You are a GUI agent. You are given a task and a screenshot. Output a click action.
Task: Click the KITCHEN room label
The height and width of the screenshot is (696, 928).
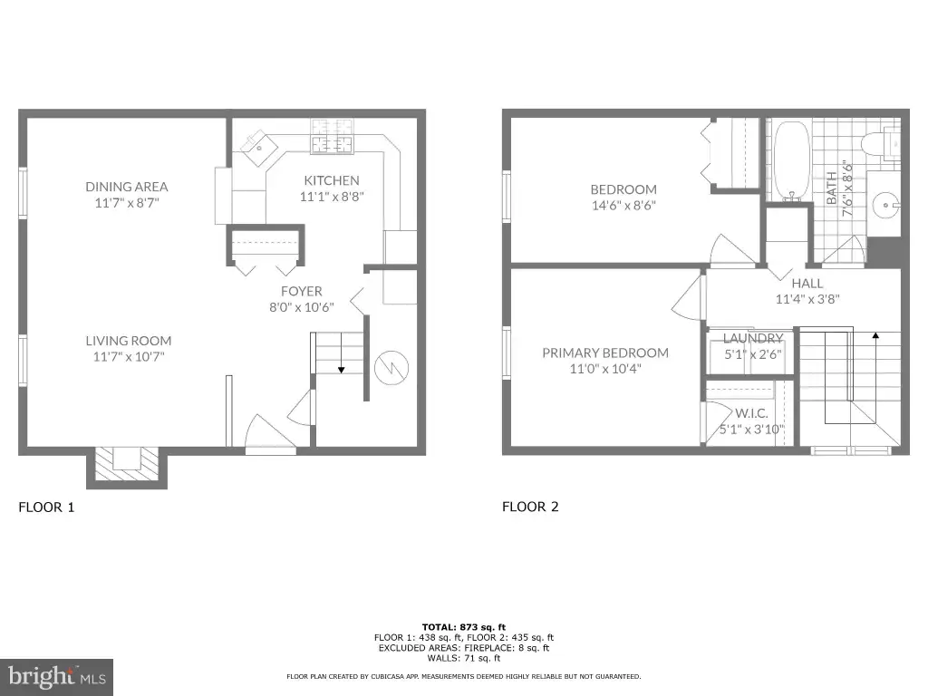click(x=332, y=180)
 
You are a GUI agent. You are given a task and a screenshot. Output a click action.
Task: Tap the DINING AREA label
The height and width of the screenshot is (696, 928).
click(x=127, y=187)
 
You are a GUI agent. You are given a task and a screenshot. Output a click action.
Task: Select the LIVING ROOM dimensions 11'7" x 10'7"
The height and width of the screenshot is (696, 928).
click(x=129, y=356)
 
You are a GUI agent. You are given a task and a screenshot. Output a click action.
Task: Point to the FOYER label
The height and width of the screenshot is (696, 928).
click(x=301, y=291)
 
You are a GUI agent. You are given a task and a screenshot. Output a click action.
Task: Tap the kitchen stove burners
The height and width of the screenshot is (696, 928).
click(x=332, y=136)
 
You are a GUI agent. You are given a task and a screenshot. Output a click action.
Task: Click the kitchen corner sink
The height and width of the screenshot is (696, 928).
click(x=258, y=148)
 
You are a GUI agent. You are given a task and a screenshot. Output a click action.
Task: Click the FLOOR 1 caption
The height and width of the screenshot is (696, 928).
click(x=47, y=507)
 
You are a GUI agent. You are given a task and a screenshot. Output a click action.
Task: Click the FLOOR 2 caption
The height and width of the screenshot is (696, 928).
click(x=530, y=507)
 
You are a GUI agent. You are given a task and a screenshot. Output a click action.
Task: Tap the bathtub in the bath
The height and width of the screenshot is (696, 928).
click(x=791, y=160)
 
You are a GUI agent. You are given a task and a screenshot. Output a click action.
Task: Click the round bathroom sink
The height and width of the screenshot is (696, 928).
click(x=886, y=205)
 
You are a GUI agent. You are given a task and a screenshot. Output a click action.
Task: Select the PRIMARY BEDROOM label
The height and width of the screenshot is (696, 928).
click(x=605, y=353)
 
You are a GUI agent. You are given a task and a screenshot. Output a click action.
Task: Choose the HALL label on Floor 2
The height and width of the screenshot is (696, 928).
click(x=807, y=284)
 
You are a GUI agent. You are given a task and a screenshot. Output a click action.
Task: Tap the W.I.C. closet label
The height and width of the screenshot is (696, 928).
click(x=751, y=413)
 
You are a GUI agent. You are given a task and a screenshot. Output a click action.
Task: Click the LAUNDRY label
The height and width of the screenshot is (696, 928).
click(x=753, y=338)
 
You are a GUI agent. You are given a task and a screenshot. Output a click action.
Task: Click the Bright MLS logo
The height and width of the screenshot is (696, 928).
click(x=57, y=677)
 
